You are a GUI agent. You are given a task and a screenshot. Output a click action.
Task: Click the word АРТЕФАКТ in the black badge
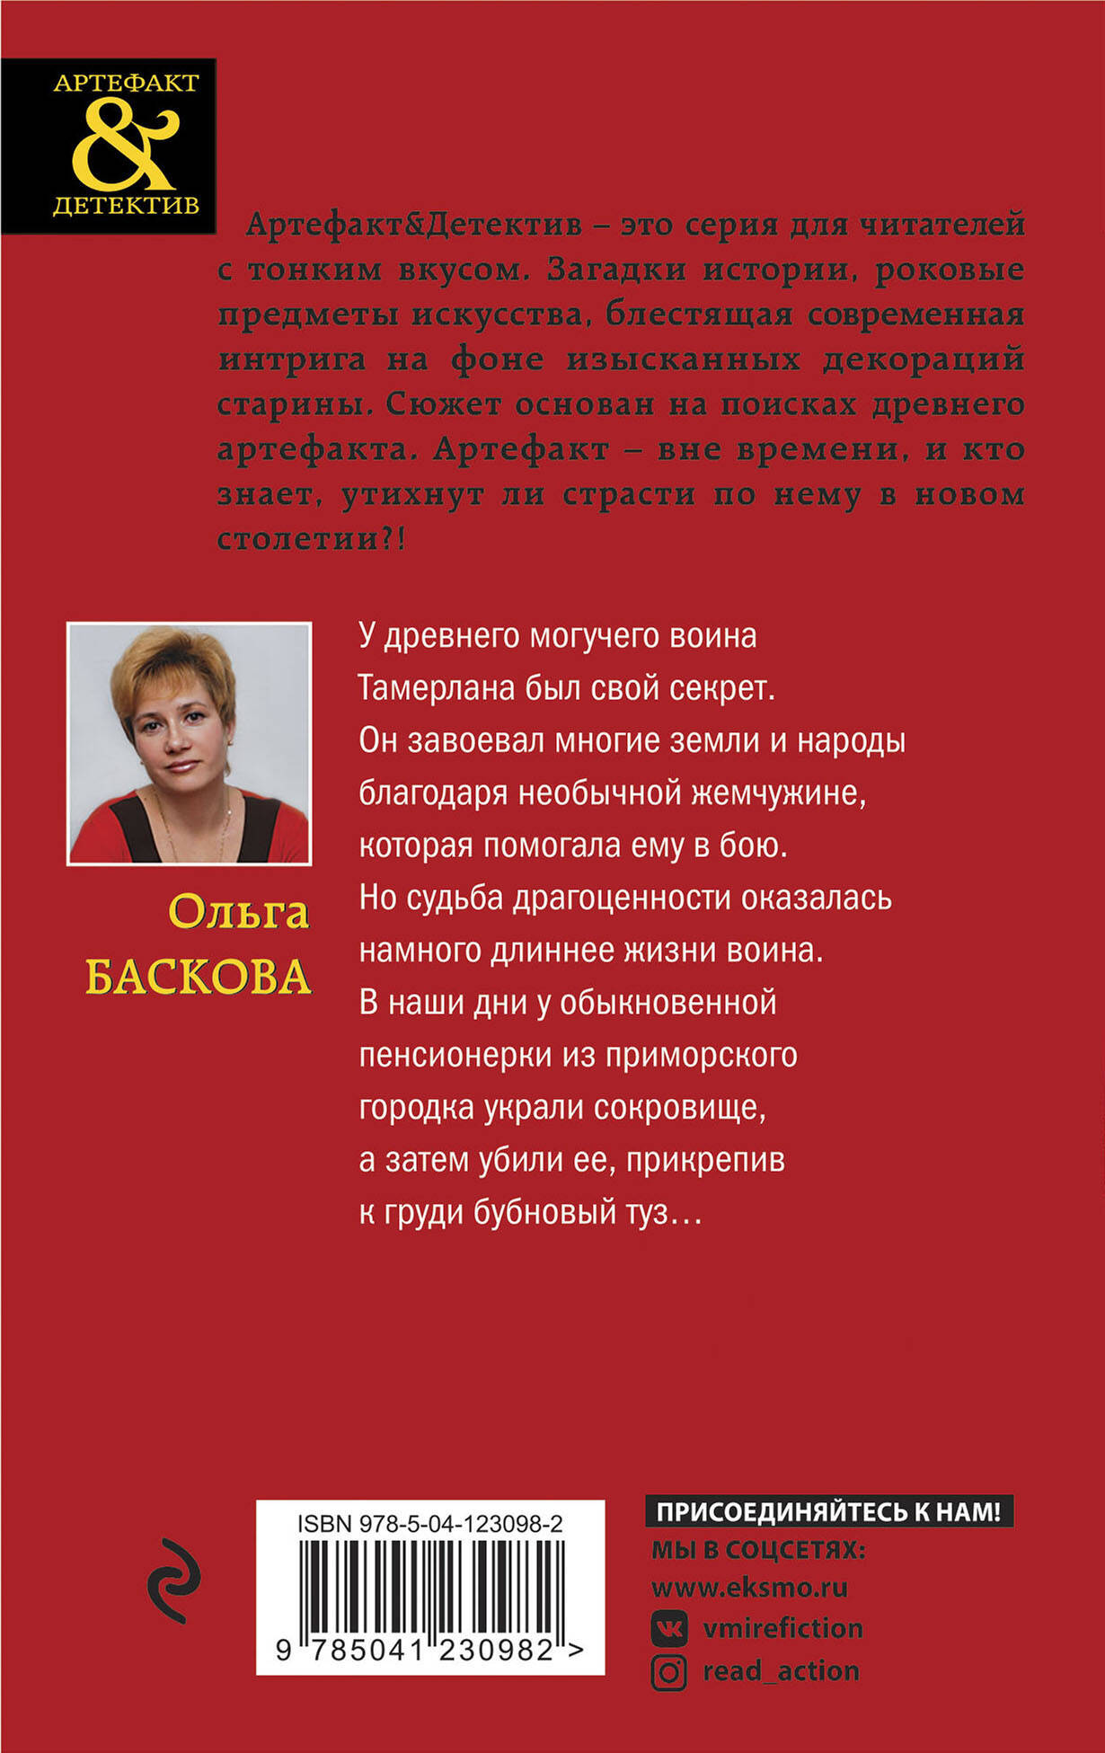(126, 84)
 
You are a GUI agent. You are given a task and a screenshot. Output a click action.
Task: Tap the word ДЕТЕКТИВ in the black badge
(126, 206)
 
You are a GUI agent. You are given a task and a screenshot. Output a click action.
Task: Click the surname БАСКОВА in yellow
(199, 976)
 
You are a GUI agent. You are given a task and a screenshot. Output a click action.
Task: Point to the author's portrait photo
(190, 743)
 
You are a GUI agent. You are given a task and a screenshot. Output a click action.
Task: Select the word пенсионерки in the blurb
(455, 1054)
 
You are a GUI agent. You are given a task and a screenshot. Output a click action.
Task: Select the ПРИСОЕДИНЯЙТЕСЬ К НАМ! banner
(828, 1511)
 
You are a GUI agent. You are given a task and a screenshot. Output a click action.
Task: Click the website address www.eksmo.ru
(749, 1587)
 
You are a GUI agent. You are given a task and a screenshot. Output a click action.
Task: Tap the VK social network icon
(668, 1628)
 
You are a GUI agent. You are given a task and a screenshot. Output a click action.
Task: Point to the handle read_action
(781, 1671)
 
